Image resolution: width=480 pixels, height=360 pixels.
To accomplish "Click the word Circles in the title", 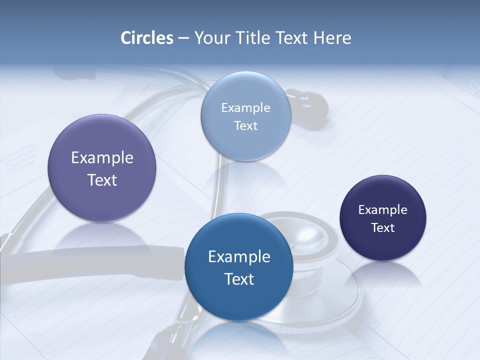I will coord(147,38).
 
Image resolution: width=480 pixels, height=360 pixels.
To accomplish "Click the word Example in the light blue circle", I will coord(245,107).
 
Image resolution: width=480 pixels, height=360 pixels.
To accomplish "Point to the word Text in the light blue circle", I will coord(245,125).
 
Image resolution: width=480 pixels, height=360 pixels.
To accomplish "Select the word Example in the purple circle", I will coord(102,158).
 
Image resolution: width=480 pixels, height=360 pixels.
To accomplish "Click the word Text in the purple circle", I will coord(102,180).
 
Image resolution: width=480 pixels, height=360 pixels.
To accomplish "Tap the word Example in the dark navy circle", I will coord(383,209).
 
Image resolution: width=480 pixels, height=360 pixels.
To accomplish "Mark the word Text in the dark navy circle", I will coord(383,227).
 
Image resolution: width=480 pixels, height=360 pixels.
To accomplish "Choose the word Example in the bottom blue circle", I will coord(239,257).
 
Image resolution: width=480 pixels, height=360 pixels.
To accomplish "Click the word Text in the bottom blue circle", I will coord(239,279).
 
